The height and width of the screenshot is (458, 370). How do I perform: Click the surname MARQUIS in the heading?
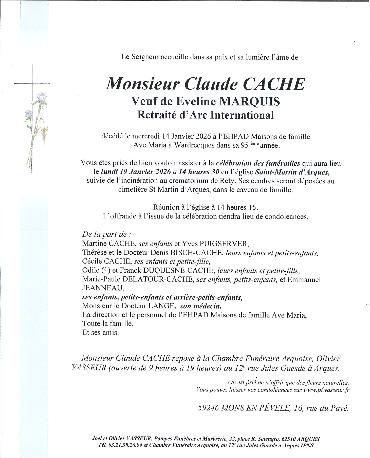click(250, 102)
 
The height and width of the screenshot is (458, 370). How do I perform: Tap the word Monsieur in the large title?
click(143, 84)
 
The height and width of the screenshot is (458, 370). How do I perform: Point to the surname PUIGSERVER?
click(224, 244)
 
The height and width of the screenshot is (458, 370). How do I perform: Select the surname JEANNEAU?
click(103, 288)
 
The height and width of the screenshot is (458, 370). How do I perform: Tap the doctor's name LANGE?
click(161, 306)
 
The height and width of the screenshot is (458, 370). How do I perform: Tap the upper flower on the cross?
click(42, 97)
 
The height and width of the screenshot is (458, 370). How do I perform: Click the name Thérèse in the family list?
click(94, 253)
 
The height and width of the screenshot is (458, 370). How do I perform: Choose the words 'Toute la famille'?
click(108, 324)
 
